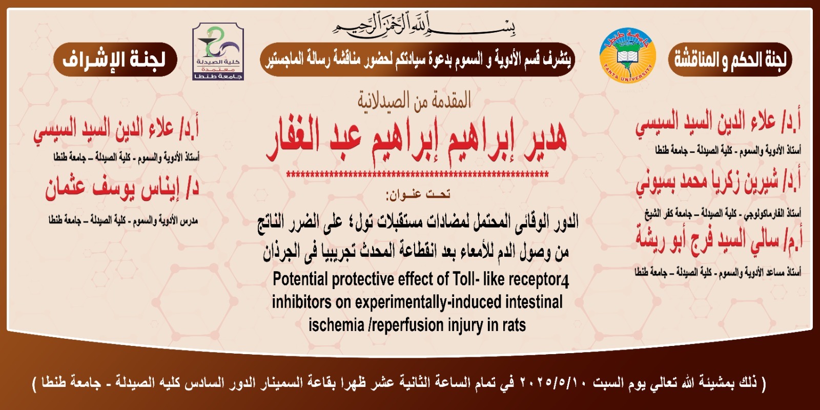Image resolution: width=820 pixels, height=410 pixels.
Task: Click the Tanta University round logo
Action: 627,55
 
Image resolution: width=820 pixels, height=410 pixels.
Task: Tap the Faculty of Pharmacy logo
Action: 218,51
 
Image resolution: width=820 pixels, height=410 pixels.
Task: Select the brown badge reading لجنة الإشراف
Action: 115,59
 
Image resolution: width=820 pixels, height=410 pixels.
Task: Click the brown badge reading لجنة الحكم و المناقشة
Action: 730,59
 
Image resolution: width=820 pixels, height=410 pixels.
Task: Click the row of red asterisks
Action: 417,175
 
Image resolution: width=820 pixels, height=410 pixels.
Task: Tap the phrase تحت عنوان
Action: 418,194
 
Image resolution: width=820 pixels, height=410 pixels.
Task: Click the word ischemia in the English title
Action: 336,325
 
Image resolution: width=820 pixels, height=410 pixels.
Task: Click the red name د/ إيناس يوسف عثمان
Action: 122,188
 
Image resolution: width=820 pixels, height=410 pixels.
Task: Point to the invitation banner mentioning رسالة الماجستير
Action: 417,59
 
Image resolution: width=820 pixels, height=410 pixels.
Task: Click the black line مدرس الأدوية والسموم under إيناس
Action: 123,220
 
